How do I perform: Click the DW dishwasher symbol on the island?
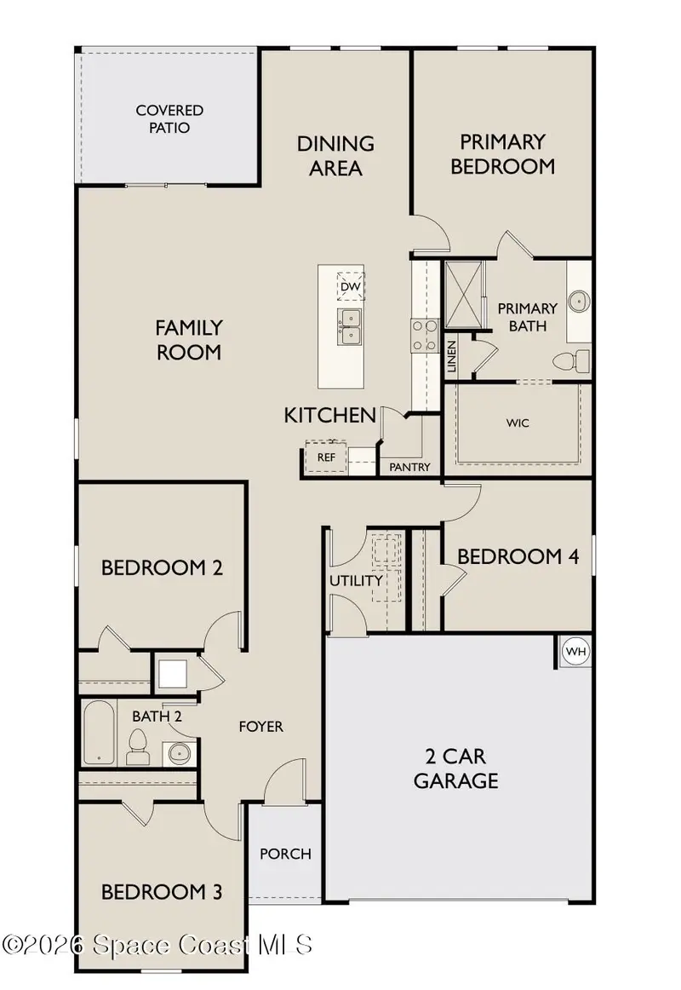click(x=351, y=286)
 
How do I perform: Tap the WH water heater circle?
click(x=575, y=651)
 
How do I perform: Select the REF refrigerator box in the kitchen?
click(x=326, y=458)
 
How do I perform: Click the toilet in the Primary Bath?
click(x=570, y=361)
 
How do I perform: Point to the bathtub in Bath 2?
click(x=99, y=733)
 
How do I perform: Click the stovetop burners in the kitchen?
click(x=425, y=336)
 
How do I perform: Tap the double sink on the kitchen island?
click(x=349, y=327)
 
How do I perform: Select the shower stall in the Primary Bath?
click(x=464, y=295)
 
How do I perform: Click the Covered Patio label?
click(x=169, y=118)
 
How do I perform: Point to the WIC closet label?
click(x=517, y=423)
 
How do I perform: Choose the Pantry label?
click(x=409, y=467)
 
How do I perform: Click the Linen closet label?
click(x=451, y=357)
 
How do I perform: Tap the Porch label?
click(x=285, y=854)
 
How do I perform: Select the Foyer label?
click(x=260, y=727)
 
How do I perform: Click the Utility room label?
click(x=357, y=580)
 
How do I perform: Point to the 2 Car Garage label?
click(x=456, y=768)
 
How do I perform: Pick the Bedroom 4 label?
click(x=518, y=556)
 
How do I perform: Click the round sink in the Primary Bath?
click(x=579, y=301)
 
